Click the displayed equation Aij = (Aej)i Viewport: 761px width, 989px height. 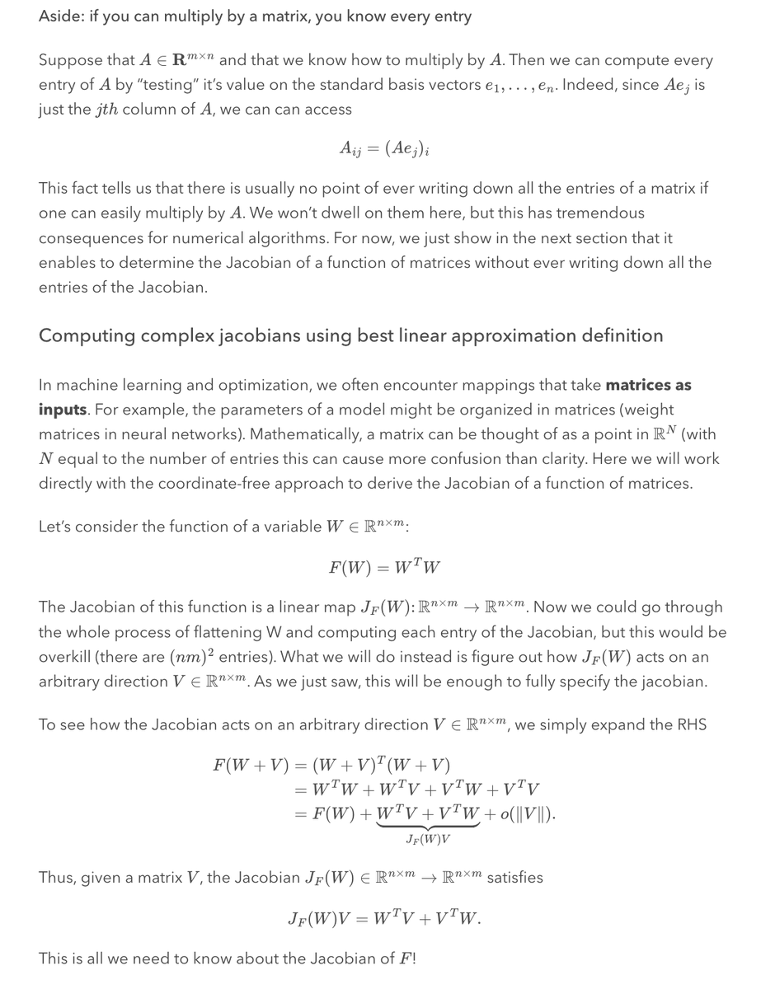click(384, 148)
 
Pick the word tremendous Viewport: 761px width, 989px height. click(600, 213)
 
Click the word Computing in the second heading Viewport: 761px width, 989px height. click(82, 336)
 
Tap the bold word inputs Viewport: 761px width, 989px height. click(62, 410)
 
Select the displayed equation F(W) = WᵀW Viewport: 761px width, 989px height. click(384, 568)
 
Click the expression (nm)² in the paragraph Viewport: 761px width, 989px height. click(195, 657)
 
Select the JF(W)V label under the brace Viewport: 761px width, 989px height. click(429, 839)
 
